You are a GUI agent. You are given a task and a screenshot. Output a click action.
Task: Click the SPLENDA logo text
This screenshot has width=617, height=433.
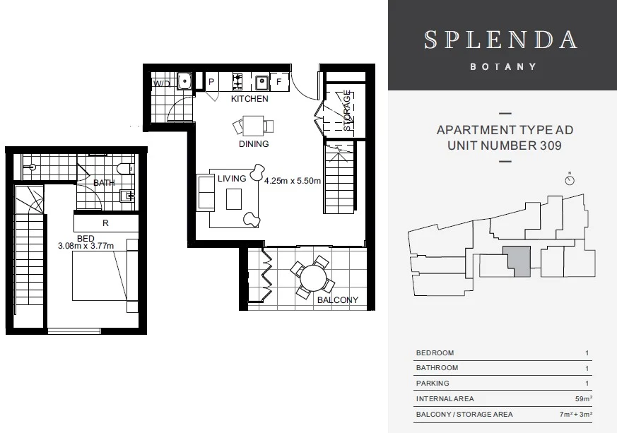point(502,39)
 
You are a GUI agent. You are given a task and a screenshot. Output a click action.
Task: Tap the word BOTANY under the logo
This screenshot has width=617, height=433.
point(502,67)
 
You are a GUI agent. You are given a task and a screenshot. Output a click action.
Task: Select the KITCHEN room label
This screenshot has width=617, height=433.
point(249,99)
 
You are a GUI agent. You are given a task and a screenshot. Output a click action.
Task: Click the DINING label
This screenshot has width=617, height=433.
point(254,143)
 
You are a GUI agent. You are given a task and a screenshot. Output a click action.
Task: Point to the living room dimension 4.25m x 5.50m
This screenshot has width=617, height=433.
point(293,180)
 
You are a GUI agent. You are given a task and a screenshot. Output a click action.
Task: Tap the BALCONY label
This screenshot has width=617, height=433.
point(337,299)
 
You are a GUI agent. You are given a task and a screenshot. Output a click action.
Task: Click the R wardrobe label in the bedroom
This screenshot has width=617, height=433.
point(105,223)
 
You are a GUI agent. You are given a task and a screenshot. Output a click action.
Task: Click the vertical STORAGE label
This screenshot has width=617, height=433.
point(348,111)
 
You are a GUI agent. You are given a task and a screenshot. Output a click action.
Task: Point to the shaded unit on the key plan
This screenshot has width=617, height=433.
point(516,261)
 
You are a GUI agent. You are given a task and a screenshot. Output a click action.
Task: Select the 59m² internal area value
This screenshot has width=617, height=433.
point(581,399)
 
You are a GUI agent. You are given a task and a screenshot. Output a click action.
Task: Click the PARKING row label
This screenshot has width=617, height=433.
point(433,384)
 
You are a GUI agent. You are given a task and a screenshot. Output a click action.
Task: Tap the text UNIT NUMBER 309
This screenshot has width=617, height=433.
point(505,146)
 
